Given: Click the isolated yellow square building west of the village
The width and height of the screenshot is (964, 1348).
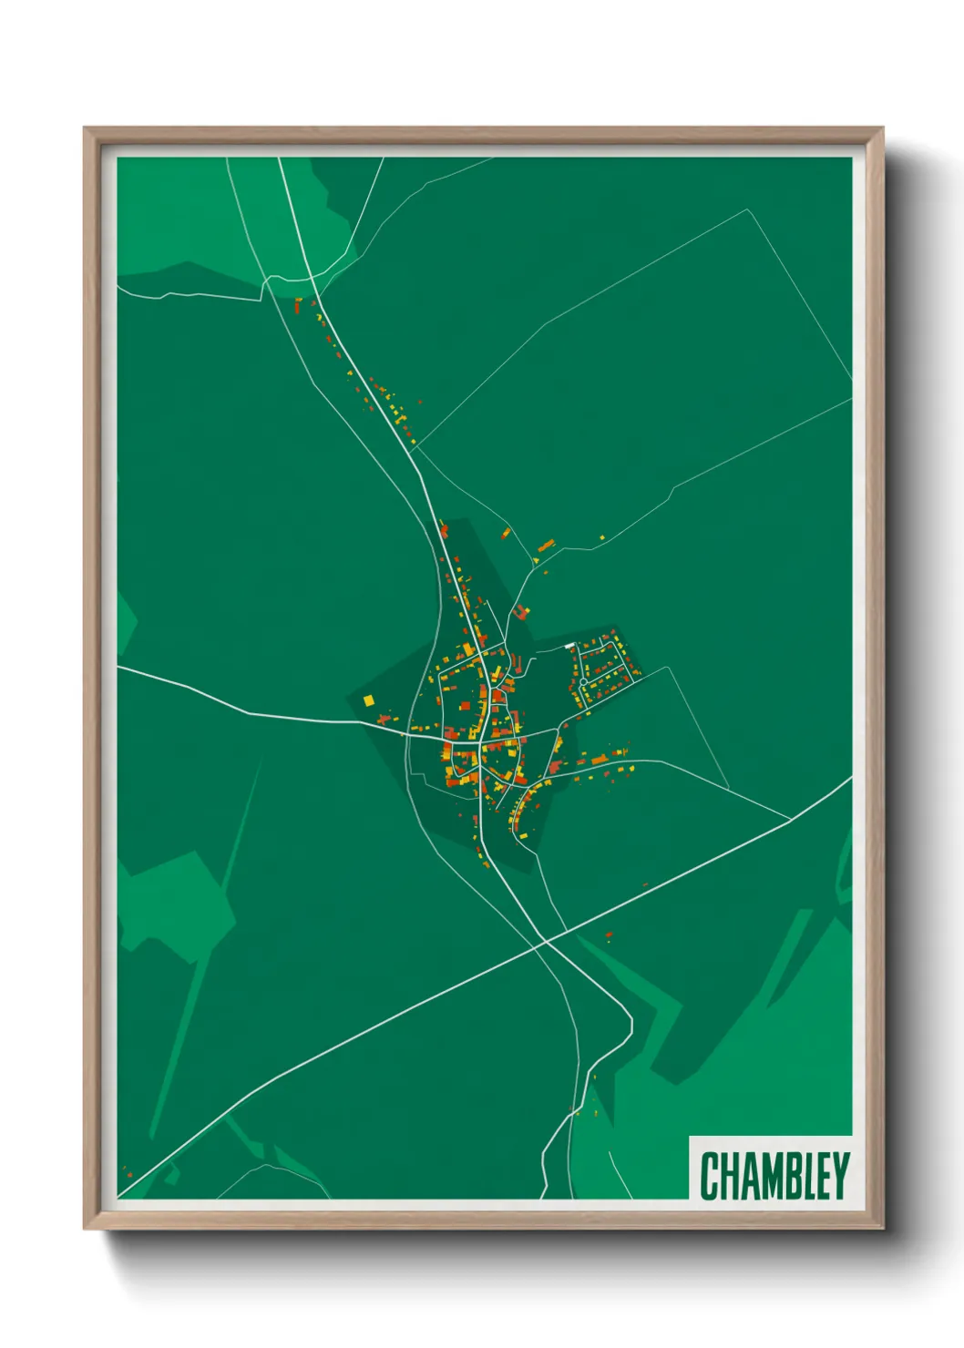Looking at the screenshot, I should tap(368, 700).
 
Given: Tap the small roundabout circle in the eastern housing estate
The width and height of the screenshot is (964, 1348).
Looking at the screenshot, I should tap(583, 681).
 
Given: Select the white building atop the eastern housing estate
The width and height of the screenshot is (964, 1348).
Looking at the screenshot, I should tap(570, 646).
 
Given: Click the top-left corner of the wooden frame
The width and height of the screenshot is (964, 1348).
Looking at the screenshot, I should tap(85, 128).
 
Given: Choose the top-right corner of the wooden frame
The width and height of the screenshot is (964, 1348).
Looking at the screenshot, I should tap(882, 128).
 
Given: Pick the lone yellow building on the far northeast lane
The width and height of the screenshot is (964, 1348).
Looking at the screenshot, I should tap(601, 538).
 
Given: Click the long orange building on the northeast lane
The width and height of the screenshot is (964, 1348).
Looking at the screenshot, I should tap(545, 546).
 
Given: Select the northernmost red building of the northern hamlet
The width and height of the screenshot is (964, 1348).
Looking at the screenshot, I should tap(297, 303).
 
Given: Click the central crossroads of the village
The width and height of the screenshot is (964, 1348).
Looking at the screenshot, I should tap(480, 742).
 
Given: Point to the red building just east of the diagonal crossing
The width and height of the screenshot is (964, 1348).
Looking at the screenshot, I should tap(609, 934).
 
